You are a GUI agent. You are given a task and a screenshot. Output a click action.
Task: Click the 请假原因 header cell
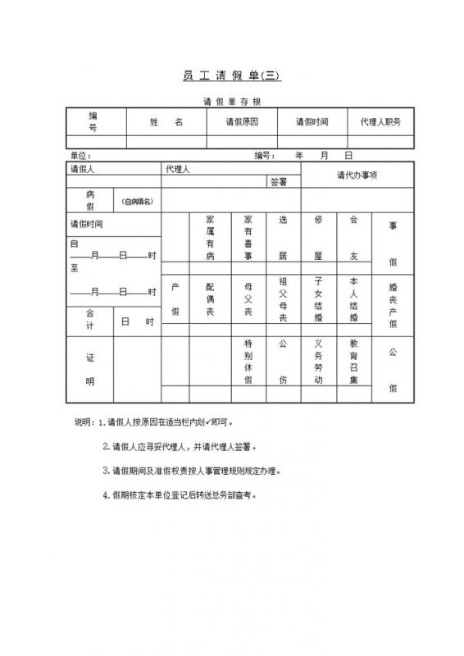242,121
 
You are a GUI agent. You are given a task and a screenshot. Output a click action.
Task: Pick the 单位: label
80,154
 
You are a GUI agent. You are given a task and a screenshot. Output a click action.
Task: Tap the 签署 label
279,182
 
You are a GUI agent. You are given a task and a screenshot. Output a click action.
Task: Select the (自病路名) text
138,201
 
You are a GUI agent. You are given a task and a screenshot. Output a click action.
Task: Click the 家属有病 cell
210,238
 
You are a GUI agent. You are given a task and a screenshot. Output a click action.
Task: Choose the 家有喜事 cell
248,238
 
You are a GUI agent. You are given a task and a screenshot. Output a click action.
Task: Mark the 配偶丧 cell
210,299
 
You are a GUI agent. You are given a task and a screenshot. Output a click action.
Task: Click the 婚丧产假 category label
393,299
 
